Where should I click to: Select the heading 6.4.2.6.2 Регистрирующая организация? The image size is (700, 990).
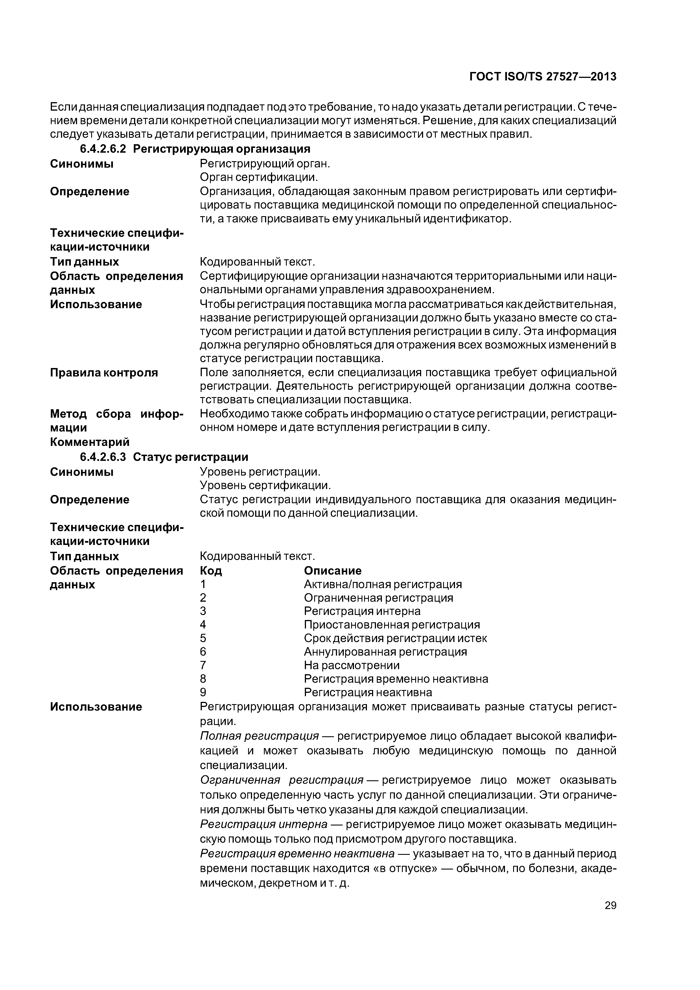195,149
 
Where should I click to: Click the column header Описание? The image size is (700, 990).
333,571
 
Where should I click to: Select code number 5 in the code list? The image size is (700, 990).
203,638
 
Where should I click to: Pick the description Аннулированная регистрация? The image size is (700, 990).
385,652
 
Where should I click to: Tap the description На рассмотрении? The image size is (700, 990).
351,665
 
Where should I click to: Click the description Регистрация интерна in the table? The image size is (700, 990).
362,612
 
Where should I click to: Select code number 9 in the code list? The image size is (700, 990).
203,693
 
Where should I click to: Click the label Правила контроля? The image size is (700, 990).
104,373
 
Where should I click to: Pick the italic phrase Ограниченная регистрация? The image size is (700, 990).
282,780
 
